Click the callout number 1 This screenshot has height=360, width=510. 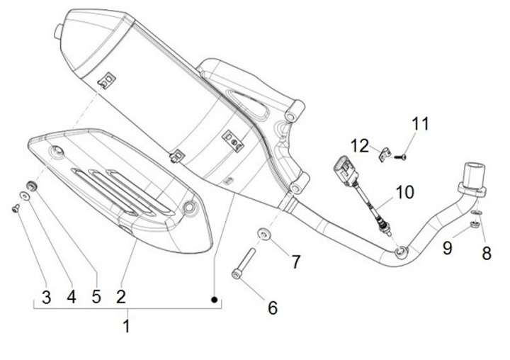tap(127, 327)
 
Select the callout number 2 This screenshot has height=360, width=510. tap(121, 296)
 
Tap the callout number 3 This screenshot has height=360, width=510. tap(47, 297)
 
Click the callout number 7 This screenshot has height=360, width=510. tap(297, 261)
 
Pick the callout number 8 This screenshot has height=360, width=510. tap(486, 252)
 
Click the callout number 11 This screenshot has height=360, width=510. tap(421, 125)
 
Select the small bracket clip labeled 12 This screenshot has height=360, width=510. tap(386, 153)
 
